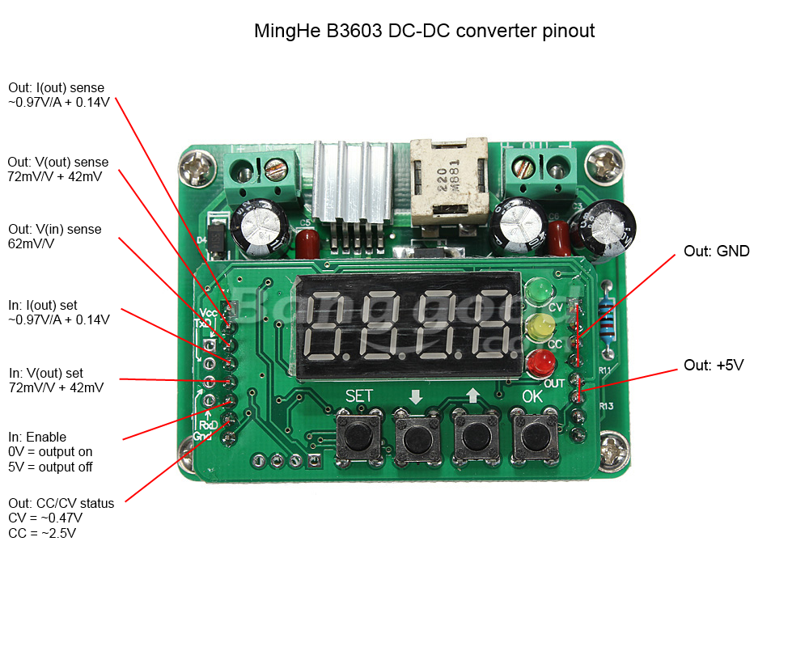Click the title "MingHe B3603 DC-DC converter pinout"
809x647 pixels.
pyautogui.click(x=424, y=32)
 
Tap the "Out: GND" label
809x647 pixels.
pyautogui.click(x=717, y=252)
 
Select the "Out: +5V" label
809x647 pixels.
pyautogui.click(x=714, y=366)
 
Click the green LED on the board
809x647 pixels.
pyautogui.click(x=537, y=291)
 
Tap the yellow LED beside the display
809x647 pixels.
pyautogui.click(x=539, y=328)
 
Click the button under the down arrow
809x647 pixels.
pyautogui.click(x=416, y=439)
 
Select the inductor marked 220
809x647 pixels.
pyautogui.click(x=449, y=182)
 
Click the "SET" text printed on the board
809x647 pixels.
pyautogui.click(x=359, y=396)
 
